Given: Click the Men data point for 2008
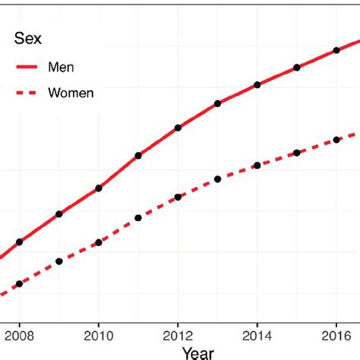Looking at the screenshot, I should click(20, 242).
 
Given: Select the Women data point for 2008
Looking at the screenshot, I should click(20, 284).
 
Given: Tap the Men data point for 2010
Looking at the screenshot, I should click(99, 188).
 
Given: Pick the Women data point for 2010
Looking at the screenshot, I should click(99, 242).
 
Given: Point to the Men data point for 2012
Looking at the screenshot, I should click(178, 128).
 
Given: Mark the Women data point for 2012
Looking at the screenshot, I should click(178, 197).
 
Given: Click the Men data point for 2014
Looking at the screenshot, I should click(257, 84).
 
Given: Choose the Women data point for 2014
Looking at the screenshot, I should click(257, 165).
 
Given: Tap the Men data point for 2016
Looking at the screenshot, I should click(336, 51).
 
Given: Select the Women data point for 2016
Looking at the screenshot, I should click(336, 140).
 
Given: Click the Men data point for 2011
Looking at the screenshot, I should click(138, 156).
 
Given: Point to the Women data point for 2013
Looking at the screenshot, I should click(218, 179).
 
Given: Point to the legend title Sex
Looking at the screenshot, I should click(28, 38).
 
